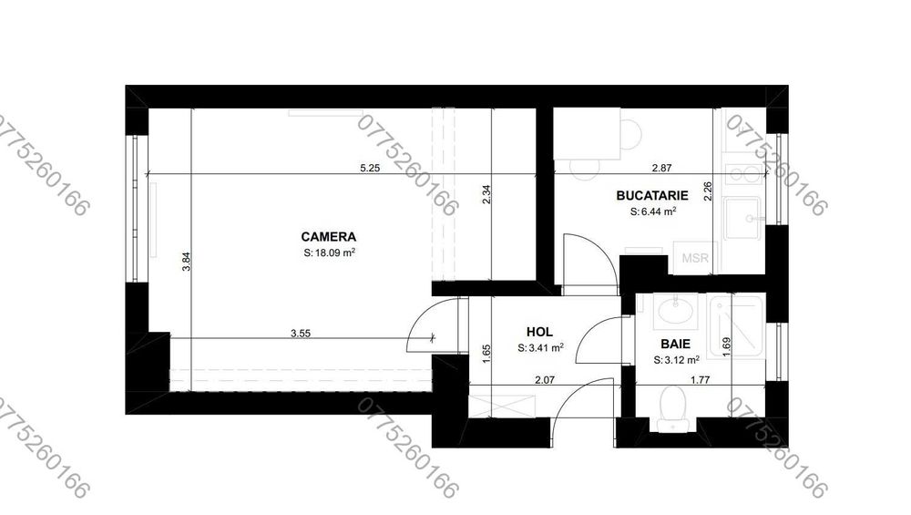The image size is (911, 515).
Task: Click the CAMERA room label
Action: (x=329, y=234)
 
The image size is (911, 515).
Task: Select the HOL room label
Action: (x=539, y=333)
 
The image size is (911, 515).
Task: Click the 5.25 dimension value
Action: (x=369, y=168)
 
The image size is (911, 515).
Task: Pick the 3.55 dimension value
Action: (x=301, y=334)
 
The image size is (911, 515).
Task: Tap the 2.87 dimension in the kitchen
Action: (x=661, y=169)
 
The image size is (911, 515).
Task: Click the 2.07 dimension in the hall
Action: (x=545, y=379)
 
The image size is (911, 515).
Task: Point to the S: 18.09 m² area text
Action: (x=329, y=252)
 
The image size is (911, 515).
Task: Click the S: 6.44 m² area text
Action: (x=652, y=211)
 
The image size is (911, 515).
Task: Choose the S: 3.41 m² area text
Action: (x=539, y=348)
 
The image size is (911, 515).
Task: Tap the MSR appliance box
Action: (x=695, y=257)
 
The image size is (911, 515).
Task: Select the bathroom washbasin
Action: (x=675, y=312)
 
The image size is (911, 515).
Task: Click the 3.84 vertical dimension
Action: (x=186, y=260)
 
